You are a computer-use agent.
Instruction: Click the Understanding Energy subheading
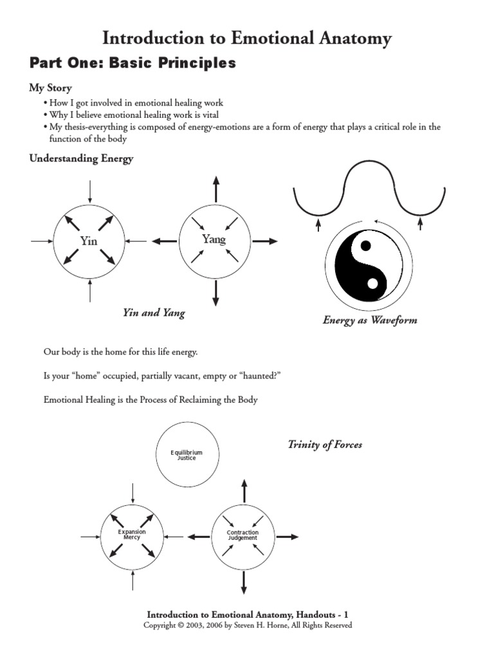point(81,159)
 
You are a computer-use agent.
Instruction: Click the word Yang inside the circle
point(214,239)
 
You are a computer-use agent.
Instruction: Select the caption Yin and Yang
point(154,313)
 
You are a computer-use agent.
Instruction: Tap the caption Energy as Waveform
point(369,320)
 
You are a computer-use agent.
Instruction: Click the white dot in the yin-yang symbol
point(372,283)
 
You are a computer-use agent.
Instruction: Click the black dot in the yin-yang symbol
point(365,245)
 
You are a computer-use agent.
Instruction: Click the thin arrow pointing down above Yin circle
point(90,192)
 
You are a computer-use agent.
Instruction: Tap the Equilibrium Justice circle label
point(187,456)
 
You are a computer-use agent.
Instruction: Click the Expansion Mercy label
point(132,535)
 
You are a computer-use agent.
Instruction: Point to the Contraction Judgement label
point(242,535)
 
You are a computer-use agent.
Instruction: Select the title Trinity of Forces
point(325,445)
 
